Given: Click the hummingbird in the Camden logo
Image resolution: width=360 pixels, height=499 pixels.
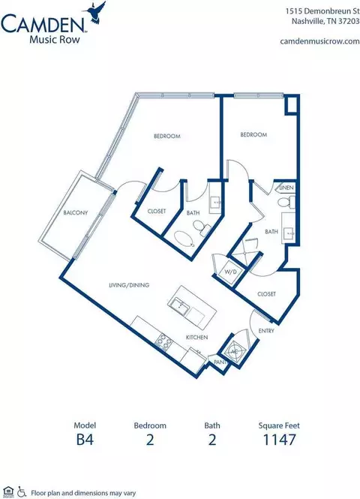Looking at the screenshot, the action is pos(94,12).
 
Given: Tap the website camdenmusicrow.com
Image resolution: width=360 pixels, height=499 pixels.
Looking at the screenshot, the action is pos(319,41).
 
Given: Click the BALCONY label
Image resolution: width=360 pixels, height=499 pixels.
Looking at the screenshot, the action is pos(75,212).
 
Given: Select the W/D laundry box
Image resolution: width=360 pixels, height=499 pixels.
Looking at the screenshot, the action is pos(231,272).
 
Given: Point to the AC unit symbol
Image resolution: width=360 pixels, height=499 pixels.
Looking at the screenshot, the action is pos(234,351).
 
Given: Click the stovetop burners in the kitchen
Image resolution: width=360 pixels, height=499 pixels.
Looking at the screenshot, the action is pos(164,342).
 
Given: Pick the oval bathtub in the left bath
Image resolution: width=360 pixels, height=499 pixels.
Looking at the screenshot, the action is pos(184,239).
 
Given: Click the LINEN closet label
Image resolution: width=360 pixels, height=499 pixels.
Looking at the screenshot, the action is pos(286,188).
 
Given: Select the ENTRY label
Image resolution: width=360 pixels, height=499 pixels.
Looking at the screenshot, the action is pos(266,331).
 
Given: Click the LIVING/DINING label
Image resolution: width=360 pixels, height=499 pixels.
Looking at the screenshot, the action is pos(129,285).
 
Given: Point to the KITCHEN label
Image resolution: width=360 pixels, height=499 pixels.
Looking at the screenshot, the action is pos(196,338).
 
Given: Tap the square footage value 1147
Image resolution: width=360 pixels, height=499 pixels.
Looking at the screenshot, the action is pos(280,440).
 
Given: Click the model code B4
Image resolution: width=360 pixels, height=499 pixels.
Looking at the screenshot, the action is pos(85,440).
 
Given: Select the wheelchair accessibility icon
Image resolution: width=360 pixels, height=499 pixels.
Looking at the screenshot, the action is pos(22,491).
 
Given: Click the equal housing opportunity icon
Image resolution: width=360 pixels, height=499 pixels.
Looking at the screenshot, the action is pos(9,491).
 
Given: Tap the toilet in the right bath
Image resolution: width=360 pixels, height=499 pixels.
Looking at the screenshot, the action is pos(286,203).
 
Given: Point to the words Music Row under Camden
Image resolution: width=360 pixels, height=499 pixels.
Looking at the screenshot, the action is pos(55,40).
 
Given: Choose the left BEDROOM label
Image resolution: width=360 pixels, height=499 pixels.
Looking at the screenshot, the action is pos(167,137).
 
